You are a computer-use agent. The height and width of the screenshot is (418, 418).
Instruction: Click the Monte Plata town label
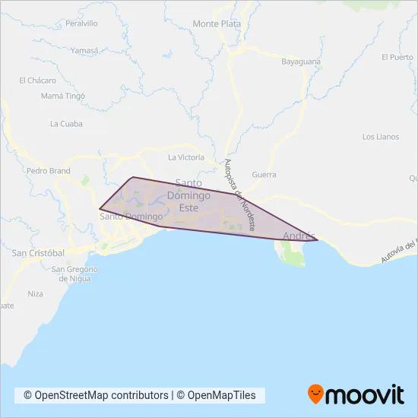click(x=217, y=24)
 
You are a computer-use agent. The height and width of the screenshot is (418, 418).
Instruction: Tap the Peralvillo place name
click(x=81, y=24)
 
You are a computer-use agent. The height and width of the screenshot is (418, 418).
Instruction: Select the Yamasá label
click(x=84, y=50)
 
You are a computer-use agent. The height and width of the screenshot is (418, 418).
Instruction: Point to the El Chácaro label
click(x=39, y=80)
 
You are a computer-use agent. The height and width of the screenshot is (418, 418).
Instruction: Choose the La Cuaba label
click(x=66, y=124)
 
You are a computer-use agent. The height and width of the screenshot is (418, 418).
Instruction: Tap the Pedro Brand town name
click(x=48, y=172)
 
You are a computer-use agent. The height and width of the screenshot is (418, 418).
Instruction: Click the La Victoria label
click(x=186, y=157)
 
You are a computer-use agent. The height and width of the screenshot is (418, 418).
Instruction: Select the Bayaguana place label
click(x=302, y=61)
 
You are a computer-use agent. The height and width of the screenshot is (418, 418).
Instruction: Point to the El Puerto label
click(x=397, y=57)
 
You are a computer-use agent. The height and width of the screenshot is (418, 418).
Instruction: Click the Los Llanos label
click(x=380, y=137)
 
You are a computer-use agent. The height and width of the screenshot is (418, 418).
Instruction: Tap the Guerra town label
click(x=264, y=175)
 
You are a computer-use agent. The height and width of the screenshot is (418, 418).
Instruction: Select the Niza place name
click(x=35, y=293)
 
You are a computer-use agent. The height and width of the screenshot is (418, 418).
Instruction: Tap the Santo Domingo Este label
click(x=188, y=195)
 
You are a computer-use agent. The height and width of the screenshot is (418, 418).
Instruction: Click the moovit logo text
click(x=364, y=394)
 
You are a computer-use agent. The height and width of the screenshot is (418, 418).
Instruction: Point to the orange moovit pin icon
click(x=315, y=394)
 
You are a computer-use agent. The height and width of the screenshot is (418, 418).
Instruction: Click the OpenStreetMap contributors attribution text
click(x=96, y=395)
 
